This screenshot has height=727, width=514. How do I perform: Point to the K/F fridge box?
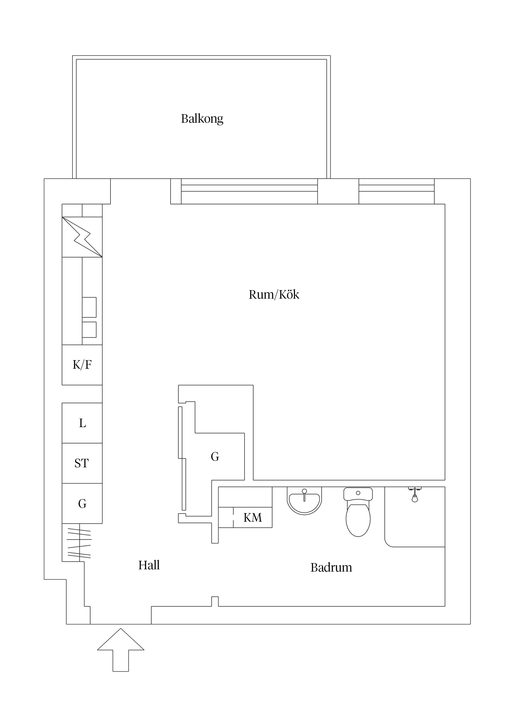point(82,365)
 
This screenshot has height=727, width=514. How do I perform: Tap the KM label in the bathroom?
point(252,518)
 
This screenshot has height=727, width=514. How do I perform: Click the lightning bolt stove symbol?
point(82,237)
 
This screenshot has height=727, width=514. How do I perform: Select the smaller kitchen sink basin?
point(89,330)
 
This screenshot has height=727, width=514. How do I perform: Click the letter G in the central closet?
point(215,457)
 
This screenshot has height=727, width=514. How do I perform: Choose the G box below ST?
point(82,503)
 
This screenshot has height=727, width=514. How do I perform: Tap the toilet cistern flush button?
point(358,493)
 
